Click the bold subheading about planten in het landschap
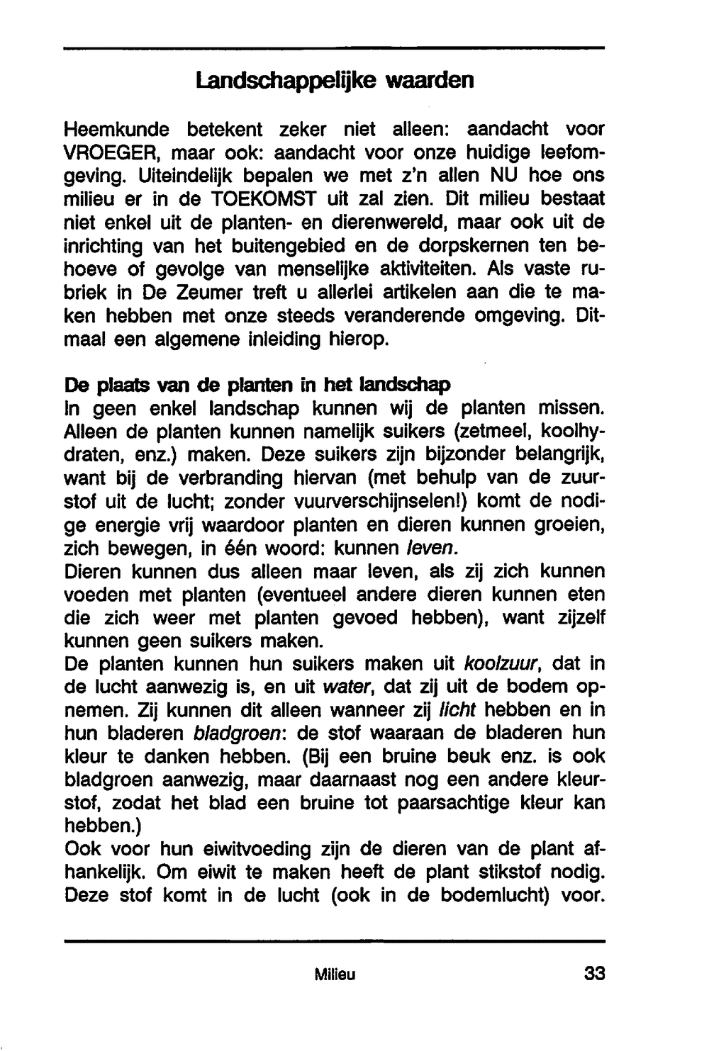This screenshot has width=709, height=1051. pyautogui.click(x=257, y=386)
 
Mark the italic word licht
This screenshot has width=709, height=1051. pyautogui.click(x=457, y=711)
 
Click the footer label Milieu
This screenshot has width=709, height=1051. pyautogui.click(x=335, y=975)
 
